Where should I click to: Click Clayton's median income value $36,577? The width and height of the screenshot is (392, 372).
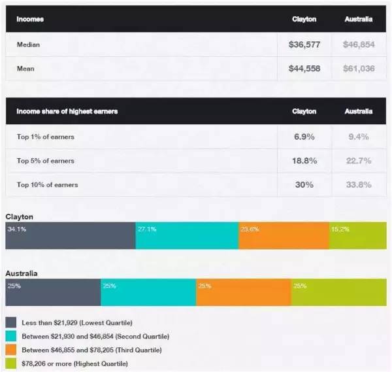pos(304,45)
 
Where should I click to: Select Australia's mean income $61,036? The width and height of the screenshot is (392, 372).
pos(359,68)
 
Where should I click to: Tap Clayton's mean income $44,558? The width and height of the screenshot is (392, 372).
pos(304,68)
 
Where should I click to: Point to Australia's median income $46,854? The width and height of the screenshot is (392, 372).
pos(359,45)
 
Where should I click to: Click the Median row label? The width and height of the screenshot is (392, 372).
pos(29,45)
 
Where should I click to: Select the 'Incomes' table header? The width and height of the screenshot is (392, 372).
pos(30,19)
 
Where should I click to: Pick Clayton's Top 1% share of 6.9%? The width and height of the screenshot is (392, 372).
pos(304,137)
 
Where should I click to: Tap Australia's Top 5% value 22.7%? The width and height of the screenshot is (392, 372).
pos(359,161)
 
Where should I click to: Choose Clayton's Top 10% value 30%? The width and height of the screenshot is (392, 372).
pos(304,185)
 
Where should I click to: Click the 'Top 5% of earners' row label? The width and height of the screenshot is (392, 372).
pos(46,161)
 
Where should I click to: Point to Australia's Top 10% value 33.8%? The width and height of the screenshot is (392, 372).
pos(359,185)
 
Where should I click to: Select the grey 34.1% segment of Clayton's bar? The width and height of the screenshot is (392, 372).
pos(71,236)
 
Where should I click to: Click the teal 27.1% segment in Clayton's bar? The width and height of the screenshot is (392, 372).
pos(187,236)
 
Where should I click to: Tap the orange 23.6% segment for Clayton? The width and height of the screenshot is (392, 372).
pos(284,236)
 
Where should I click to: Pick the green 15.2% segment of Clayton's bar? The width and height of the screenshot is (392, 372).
pos(357,236)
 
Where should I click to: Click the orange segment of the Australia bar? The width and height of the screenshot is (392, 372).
pos(243,292)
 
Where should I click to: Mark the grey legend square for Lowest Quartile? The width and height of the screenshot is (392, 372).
pos(11,322)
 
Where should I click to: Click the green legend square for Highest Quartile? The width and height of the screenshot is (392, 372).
pos(11,363)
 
